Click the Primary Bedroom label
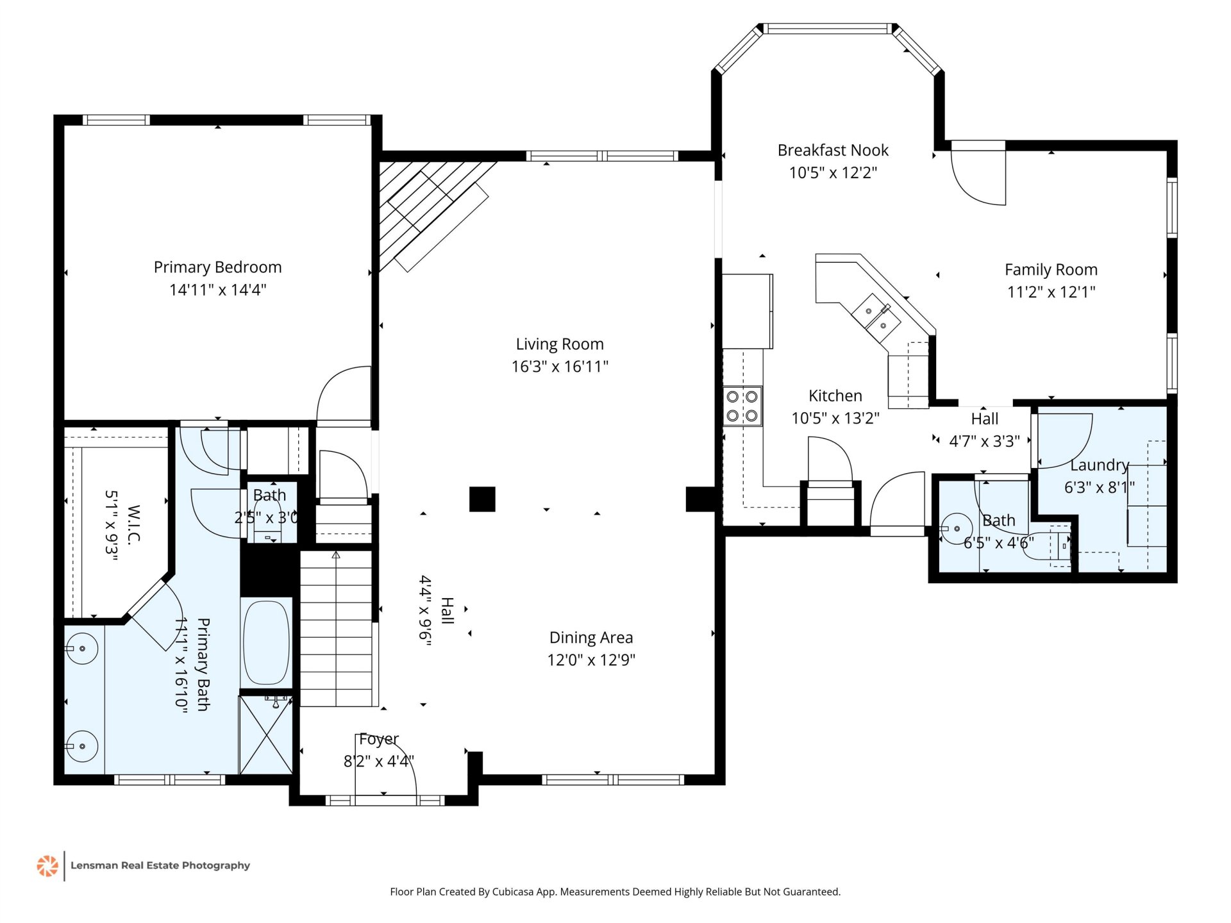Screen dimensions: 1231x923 [217, 267]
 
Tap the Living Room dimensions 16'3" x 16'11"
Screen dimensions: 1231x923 [560, 367]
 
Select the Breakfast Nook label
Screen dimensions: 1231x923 [833, 150]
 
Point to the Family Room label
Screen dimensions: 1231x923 [1051, 270]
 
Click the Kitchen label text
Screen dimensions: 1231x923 [835, 395]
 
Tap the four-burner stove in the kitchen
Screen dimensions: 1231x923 [742, 406]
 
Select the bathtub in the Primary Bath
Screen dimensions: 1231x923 [267, 642]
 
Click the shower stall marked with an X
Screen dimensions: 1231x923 [265, 735]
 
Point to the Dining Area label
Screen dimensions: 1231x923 [591, 638]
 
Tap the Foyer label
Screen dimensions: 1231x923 [379, 739]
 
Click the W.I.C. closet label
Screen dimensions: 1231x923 [133, 525]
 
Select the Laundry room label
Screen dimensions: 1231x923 [1099, 465]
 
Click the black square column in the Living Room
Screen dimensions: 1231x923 [482, 499]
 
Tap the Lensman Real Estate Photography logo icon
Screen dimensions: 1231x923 [47, 865]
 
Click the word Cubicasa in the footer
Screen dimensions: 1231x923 [513, 892]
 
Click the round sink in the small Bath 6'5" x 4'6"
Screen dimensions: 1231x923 [957, 529]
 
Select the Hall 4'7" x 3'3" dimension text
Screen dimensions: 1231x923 [984, 441]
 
